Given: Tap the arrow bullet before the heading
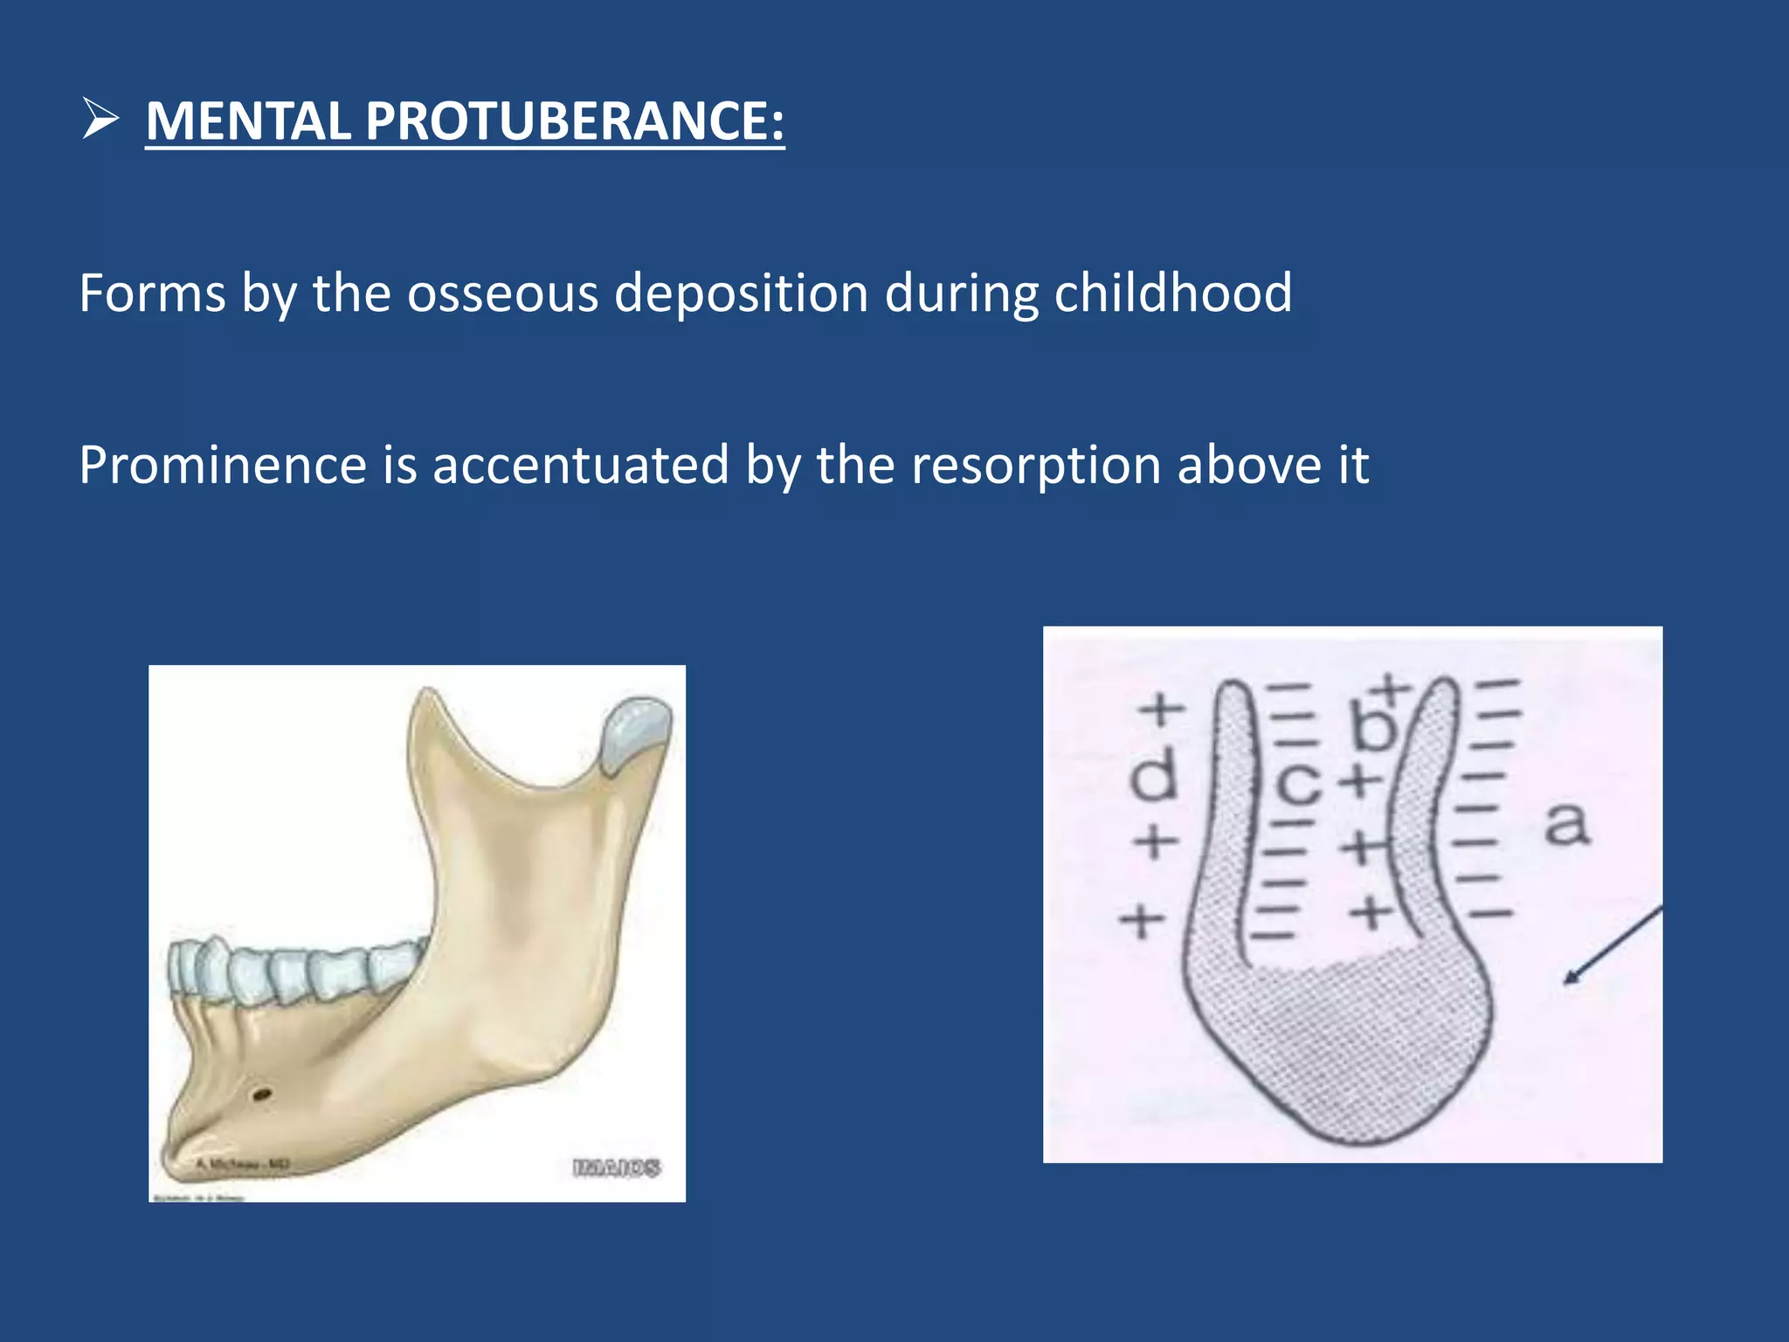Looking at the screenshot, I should [x=100, y=119].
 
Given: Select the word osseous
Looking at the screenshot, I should [x=502, y=293].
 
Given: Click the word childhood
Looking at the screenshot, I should [x=1172, y=293].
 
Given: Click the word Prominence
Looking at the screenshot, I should [x=222, y=465].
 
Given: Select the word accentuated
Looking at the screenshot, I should [x=580, y=465].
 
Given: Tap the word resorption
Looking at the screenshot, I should [x=1036, y=465].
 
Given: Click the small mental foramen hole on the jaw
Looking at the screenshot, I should [x=261, y=1093].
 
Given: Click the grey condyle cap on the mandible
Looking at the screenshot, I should [x=638, y=732].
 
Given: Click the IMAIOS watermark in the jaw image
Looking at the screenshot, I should [x=617, y=1167].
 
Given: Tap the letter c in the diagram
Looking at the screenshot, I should [x=1298, y=784].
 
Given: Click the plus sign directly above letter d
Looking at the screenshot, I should [x=1161, y=709].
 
